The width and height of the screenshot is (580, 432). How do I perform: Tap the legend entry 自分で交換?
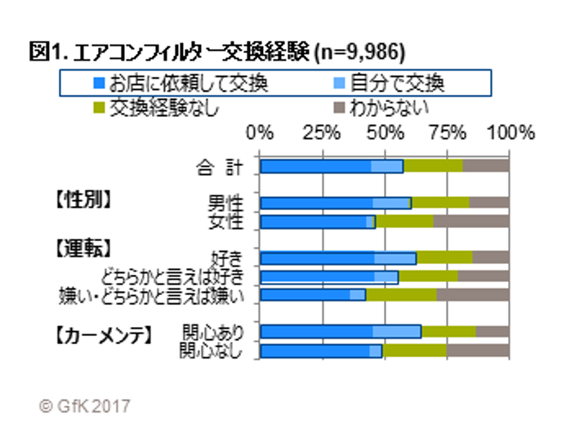pos(396,84)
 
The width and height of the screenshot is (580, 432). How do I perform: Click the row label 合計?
pos(219,167)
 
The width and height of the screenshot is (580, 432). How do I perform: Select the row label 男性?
pos(226,203)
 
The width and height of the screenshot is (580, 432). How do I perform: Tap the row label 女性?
pos(226,221)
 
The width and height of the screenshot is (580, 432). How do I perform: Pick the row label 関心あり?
pos(212,331)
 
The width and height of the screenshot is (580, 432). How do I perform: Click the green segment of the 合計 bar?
pos(433,166)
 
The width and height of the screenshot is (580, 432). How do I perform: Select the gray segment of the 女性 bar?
pos(471,221)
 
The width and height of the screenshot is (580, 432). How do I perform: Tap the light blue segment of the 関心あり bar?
pos(397,331)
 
